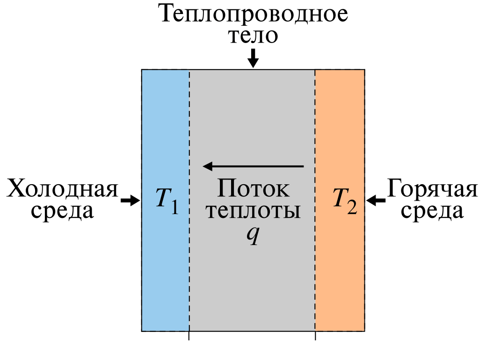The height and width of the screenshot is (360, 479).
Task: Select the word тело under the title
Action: [253, 35]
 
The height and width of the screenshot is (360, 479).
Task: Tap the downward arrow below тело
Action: [253, 58]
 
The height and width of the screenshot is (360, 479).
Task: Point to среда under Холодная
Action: [62, 211]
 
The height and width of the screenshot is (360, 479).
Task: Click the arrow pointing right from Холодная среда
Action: [131, 200]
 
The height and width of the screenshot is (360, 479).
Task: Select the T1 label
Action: [167, 200]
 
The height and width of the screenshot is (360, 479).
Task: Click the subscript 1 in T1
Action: [174, 206]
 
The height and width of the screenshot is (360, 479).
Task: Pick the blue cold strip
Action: [166, 200]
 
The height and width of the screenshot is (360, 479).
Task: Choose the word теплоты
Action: [253, 211]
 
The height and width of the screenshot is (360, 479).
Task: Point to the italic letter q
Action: [253, 236]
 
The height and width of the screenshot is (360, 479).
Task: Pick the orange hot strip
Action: [340, 200]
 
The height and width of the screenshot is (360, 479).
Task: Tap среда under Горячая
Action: [432, 211]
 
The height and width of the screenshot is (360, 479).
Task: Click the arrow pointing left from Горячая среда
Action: [376, 201]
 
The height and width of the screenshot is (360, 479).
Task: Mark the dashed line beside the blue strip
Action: [189, 200]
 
